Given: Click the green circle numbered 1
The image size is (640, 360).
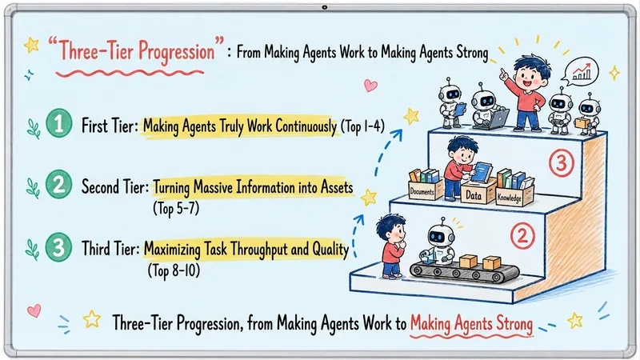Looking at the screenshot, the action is click(58, 123).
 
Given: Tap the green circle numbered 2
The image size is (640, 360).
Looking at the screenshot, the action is click(58, 185).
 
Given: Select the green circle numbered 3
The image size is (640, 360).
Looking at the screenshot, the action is click(58, 247).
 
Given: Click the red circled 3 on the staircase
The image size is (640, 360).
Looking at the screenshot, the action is click(562, 163).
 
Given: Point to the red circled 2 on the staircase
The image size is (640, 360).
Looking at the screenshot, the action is click(523, 236).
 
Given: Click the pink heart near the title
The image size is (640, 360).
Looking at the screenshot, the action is click(370, 86).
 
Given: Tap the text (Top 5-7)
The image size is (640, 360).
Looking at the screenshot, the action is click(176, 209).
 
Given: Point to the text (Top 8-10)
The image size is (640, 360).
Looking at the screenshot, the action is click(174, 270).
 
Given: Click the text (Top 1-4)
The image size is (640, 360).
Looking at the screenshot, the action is click(362, 126).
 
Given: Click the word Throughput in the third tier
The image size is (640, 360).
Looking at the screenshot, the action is click(258, 249).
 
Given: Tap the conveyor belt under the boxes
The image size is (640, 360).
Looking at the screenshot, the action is click(465, 272).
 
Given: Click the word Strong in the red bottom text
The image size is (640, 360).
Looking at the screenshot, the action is click(514, 324).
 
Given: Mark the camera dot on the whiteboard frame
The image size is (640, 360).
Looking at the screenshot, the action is click(325, 7).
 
